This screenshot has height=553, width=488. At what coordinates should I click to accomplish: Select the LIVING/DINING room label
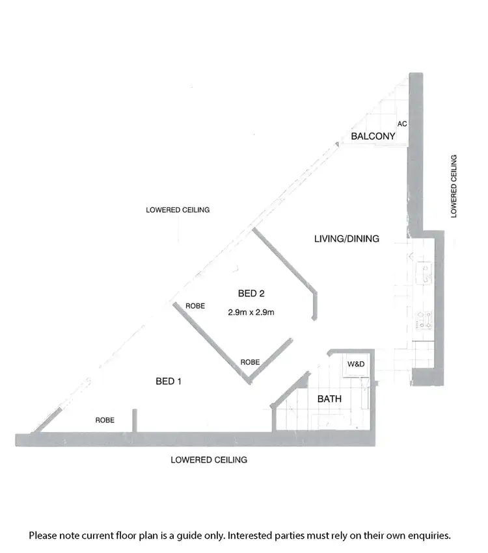(x=346, y=239)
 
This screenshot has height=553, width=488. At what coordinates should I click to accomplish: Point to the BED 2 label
(x=251, y=292)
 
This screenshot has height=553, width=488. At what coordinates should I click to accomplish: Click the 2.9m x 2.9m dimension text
(x=251, y=312)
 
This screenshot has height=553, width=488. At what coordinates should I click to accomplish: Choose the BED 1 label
(x=168, y=381)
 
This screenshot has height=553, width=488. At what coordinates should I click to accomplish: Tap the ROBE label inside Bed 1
(x=105, y=420)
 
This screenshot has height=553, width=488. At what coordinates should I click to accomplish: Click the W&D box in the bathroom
(x=355, y=365)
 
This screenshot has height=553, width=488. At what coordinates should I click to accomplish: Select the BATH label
(x=329, y=399)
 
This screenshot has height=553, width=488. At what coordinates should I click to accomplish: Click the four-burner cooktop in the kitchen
(x=425, y=318)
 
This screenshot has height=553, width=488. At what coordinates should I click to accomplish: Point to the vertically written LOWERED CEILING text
(x=454, y=185)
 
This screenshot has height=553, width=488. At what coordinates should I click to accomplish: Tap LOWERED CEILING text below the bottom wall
(x=209, y=460)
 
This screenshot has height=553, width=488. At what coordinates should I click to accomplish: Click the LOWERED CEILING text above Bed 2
(x=178, y=210)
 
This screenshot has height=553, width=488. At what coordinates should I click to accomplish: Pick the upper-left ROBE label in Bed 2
(x=196, y=305)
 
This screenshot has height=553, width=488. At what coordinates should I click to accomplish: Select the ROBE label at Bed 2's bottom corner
(x=251, y=362)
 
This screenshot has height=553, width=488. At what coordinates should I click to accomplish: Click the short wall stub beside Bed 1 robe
(x=135, y=420)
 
